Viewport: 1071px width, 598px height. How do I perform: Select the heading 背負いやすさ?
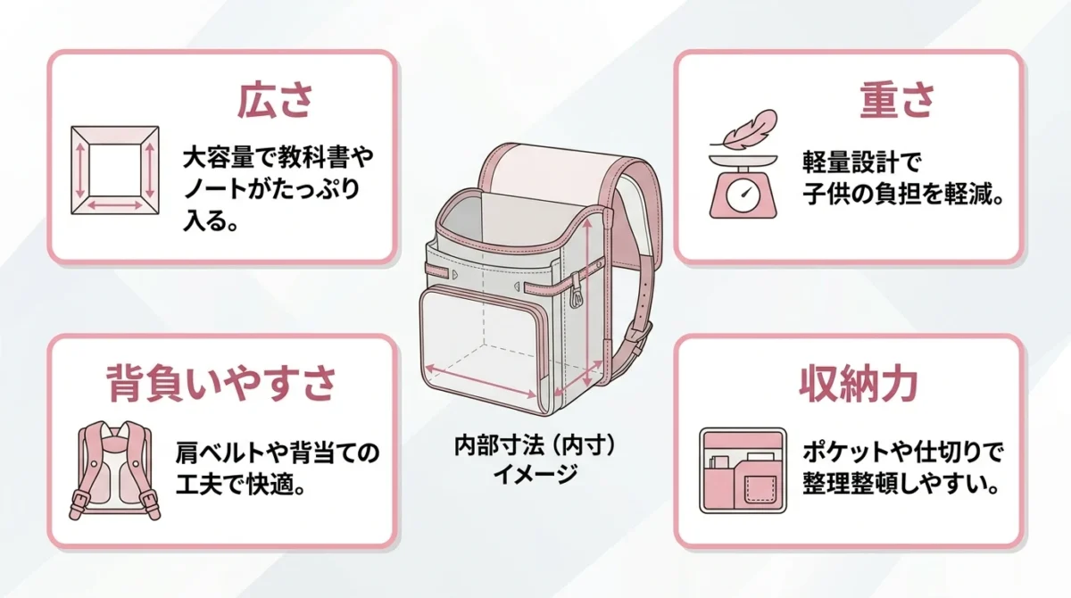tap(221, 384)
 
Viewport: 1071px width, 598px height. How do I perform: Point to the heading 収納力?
tap(859, 384)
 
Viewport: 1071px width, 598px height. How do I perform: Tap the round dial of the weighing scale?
tap(743, 194)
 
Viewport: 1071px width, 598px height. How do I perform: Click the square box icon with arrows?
tap(115, 170)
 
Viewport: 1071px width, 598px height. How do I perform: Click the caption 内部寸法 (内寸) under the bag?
tap(535, 445)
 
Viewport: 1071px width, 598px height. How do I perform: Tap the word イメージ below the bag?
tap(535, 474)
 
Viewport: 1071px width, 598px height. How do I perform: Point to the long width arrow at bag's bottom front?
tap(480, 381)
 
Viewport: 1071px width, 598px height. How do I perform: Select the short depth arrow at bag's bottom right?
tap(577, 378)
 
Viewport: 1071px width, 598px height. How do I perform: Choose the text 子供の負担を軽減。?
tap(902, 195)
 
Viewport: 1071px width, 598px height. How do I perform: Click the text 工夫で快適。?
tap(240, 486)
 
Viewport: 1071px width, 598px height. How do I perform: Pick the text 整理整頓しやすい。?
tap(901, 486)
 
